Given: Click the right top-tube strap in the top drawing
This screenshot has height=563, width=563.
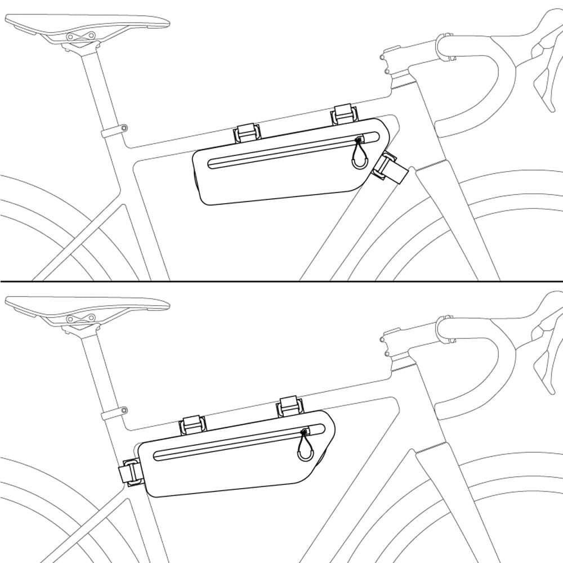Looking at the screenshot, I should pos(342,115).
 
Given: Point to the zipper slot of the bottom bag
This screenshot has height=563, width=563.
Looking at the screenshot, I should pos(231,445).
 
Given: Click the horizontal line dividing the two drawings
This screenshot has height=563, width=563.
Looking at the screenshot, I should pos(281,281).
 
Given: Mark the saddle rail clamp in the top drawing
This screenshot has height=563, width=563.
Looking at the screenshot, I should pos(81,37).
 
